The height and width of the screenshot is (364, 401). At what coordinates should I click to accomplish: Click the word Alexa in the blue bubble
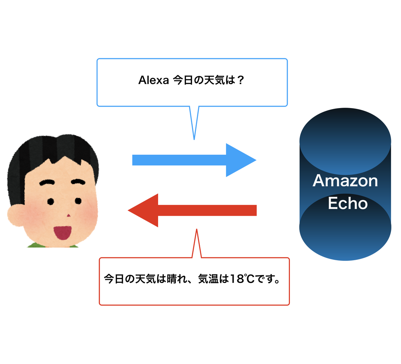[153, 81]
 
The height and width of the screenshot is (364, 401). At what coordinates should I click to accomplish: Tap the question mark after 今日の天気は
[240, 81]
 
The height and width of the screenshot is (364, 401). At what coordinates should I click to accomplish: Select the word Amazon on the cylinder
[345, 181]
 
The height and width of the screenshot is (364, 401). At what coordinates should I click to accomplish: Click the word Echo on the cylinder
[347, 204]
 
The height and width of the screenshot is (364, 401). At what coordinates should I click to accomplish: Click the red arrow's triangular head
[144, 210]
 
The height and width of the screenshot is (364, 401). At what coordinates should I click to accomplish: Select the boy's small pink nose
[68, 215]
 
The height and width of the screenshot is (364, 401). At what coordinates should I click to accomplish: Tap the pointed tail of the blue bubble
[194, 132]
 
